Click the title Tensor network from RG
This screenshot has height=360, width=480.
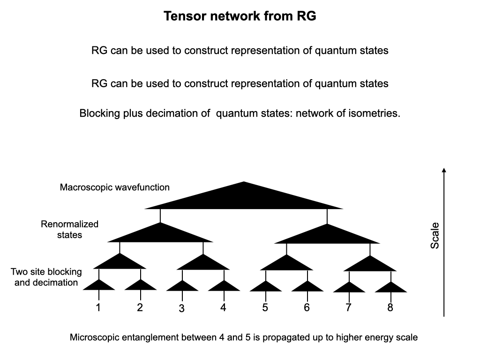[x=240, y=16]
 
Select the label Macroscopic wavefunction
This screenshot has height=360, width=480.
[x=115, y=187]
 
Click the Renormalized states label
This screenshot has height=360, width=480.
[x=69, y=229]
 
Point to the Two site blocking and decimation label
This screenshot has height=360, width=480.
[x=46, y=277]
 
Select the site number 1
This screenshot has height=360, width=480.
[x=98, y=308]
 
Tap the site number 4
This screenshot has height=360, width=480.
[x=224, y=308]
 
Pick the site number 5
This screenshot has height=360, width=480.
[x=265, y=308]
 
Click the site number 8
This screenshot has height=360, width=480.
[x=390, y=308]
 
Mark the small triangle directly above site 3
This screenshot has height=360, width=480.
[x=182, y=286]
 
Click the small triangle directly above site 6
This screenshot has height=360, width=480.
[x=307, y=286]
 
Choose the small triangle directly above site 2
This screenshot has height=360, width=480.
[x=141, y=286]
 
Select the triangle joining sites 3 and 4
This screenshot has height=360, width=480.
[x=203, y=263]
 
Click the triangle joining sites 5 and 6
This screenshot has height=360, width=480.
[x=286, y=263]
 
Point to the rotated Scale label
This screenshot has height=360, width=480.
[x=435, y=235]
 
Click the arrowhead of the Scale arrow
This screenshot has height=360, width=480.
[x=444, y=171]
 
